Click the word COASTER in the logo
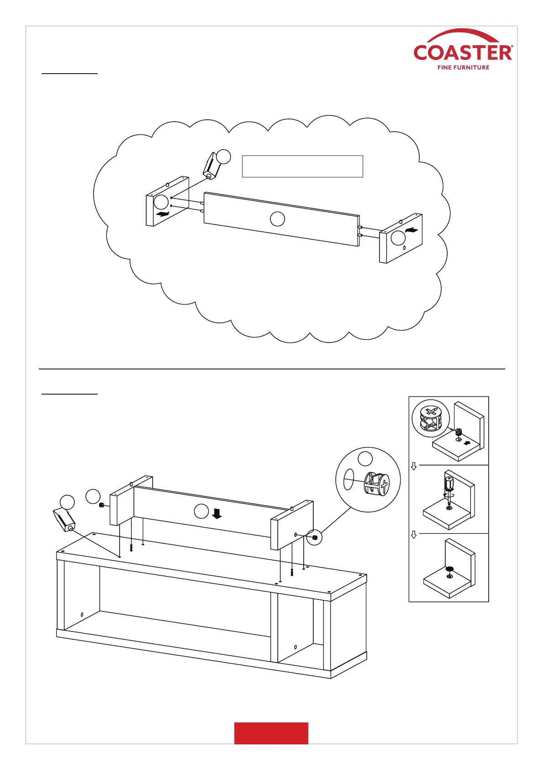(462, 53)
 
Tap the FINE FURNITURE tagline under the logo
(463, 68)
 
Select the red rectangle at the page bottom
(271, 733)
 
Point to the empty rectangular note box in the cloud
(302, 166)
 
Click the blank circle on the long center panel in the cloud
(277, 219)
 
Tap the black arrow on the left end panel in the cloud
(162, 214)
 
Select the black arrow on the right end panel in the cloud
(412, 230)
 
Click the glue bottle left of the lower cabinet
(64, 519)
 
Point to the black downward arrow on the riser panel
(217, 513)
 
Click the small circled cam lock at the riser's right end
(314, 537)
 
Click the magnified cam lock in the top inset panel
(431, 418)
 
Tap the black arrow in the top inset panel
(466, 443)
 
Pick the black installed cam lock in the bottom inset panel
(449, 569)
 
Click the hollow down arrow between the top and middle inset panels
(414, 466)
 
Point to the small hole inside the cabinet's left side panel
(82, 614)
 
